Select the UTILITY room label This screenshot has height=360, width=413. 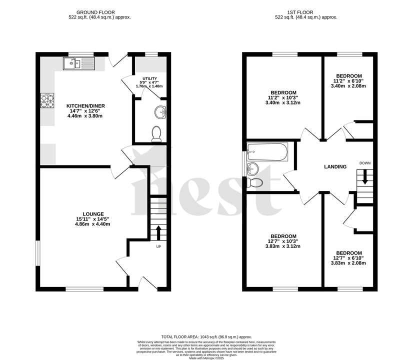150,78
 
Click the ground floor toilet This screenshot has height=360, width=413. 156,133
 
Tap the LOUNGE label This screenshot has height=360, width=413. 93,213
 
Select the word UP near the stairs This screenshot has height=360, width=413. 158,246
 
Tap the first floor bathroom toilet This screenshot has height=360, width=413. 256,182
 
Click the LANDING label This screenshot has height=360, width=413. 335,167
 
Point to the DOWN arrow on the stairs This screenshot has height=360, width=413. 365,177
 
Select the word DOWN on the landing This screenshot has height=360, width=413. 365,163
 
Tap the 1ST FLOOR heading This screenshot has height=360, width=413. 306,11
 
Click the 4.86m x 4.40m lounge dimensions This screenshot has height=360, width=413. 93,224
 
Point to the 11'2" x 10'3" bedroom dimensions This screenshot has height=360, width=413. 283,98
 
